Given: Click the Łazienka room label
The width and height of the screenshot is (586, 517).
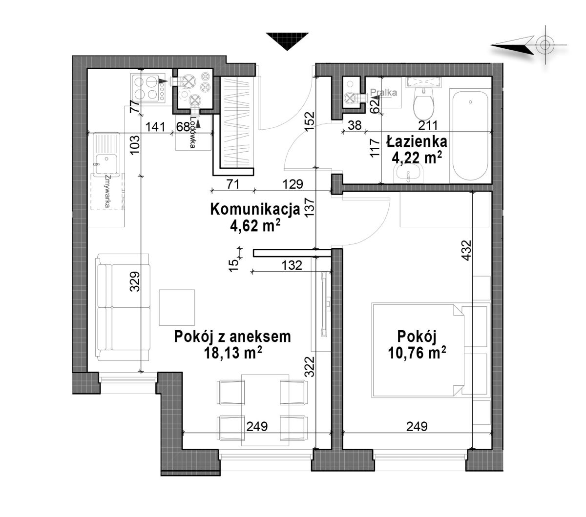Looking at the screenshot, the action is (x=417, y=142).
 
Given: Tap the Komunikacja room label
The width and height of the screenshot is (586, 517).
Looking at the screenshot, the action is (x=255, y=209).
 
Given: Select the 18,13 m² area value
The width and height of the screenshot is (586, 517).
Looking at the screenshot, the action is (x=233, y=352).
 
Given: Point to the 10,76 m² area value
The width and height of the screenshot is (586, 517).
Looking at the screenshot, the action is (x=417, y=352).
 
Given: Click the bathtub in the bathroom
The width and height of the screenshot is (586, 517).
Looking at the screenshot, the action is (x=470, y=136).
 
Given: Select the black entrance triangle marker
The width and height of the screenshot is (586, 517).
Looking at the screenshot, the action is (x=287, y=41).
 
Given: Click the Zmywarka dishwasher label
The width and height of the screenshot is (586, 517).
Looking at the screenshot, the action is (x=108, y=191).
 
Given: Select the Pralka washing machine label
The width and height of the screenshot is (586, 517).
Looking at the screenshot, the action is (x=383, y=92).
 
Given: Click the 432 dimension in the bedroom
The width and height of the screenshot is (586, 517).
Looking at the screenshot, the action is (x=467, y=250).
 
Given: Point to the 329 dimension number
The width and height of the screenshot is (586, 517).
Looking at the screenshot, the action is (x=135, y=281).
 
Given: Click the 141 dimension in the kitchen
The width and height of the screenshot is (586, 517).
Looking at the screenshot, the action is (x=155, y=127).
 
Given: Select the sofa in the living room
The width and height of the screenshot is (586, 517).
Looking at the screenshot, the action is (x=124, y=307).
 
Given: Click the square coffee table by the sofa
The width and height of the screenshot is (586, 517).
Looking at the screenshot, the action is (x=177, y=307).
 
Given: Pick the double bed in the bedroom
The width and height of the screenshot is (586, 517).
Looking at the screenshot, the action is (x=431, y=350).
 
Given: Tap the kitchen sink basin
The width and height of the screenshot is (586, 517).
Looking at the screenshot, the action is (x=106, y=164).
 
